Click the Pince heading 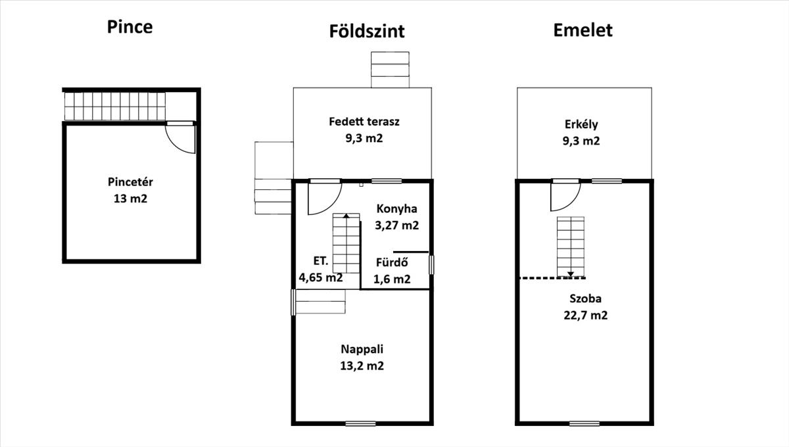coord(130,27)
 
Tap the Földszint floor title coord(367,31)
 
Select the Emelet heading coord(583,30)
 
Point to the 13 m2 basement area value coord(130,197)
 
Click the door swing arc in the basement coord(179,139)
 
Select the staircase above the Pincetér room coord(114,106)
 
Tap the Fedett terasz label coord(364,122)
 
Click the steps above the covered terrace coord(390,69)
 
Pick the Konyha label coord(397,209)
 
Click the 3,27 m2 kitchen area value coord(397,225)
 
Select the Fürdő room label coord(392,262)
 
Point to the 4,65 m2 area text coord(321,277)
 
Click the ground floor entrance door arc coord(326,199)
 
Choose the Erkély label coord(581,124)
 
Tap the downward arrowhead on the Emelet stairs coord(571,273)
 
